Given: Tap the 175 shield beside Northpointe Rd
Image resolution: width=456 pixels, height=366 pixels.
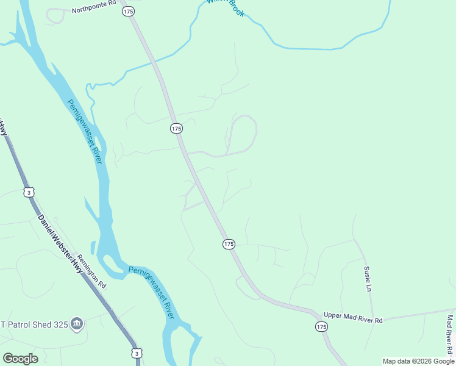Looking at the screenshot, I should (127, 12).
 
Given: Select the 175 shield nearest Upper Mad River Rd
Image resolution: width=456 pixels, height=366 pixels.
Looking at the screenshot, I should (322, 327).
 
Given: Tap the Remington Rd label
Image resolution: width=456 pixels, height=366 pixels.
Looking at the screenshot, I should (92, 272).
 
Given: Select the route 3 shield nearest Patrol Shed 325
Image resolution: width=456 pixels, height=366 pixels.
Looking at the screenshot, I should (137, 353).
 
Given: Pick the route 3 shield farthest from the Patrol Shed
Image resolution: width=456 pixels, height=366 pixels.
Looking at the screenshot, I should (29, 192).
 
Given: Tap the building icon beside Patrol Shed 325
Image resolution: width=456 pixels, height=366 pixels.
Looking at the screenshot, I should (77, 323).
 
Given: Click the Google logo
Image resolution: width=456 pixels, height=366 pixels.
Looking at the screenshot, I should (20, 358).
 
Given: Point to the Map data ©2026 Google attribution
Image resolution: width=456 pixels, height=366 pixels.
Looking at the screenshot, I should (418, 361).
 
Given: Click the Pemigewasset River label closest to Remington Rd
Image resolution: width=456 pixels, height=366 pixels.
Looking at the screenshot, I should (151, 292).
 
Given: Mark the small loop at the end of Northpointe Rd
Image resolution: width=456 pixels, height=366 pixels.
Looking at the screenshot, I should (55, 16).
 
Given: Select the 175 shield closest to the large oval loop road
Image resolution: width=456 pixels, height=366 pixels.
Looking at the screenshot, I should (176, 128).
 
